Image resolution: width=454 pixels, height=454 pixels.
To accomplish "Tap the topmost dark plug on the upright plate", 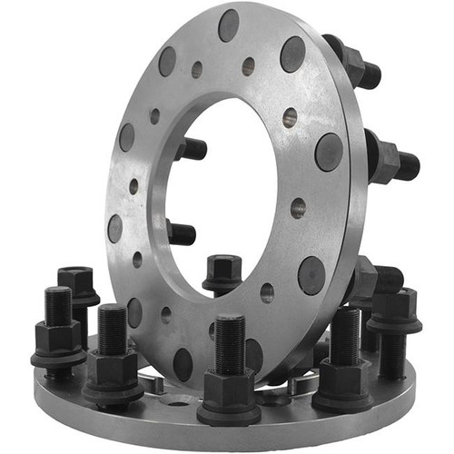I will coord(229,25).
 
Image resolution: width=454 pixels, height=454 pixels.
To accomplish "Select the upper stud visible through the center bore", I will coord(192,147).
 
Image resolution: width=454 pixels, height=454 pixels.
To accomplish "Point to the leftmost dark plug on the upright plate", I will coord(115,227).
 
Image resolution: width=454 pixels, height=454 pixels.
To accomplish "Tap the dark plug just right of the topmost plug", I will coord(292,54).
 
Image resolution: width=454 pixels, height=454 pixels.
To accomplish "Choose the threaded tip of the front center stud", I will coord(230,340).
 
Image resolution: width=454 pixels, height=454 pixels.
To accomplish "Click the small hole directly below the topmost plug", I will coord(248,66).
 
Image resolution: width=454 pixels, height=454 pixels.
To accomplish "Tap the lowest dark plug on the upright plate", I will coord(183,364).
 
